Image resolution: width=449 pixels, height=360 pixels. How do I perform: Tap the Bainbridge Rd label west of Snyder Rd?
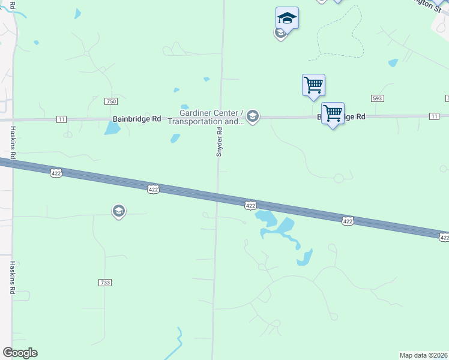click(x=137, y=119)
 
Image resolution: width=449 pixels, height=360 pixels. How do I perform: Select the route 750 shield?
click(x=110, y=101)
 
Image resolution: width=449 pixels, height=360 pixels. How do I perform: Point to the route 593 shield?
click(x=378, y=98)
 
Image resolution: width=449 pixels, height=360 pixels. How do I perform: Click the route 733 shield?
click(x=104, y=282)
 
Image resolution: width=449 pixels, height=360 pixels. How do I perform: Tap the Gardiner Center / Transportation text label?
click(x=205, y=117)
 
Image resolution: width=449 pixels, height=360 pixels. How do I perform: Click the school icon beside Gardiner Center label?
click(x=253, y=116)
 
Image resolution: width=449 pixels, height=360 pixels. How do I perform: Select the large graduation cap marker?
click(x=287, y=19)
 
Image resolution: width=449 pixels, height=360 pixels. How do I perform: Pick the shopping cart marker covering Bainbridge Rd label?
click(x=333, y=113)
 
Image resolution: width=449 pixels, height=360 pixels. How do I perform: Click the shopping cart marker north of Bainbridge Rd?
click(x=313, y=85)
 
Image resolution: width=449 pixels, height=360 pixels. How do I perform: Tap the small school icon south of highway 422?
click(x=119, y=211)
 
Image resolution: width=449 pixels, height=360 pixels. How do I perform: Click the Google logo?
click(x=20, y=353)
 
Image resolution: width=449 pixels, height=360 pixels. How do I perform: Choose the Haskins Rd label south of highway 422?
click(x=11, y=277)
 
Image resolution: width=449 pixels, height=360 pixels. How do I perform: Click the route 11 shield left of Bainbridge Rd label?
click(x=62, y=119)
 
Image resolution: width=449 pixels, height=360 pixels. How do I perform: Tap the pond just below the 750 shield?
click(x=112, y=128)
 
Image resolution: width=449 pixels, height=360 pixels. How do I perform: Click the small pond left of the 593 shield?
click(x=393, y=62)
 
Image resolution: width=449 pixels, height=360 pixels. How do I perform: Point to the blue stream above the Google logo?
click(x=178, y=342)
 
